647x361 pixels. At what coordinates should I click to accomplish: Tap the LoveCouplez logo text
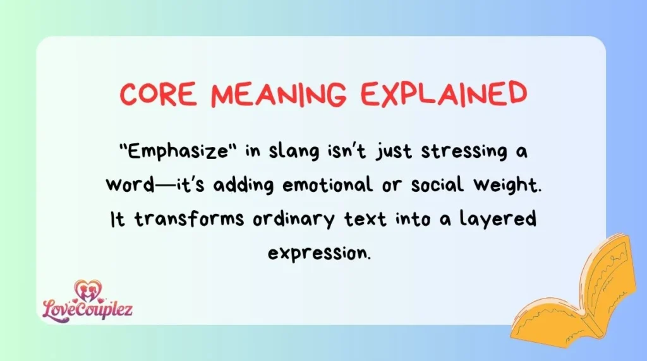88,309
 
